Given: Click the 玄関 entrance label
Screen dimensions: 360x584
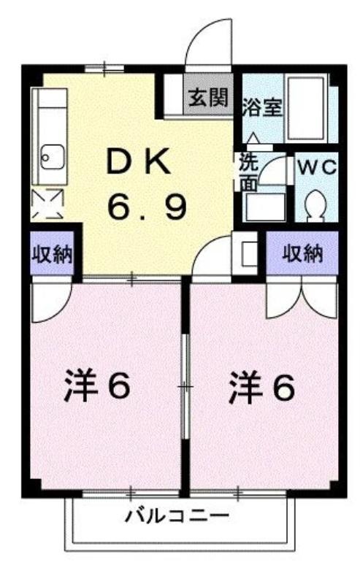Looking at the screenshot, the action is pos(208,99).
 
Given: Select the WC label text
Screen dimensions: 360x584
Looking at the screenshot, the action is pos(317,168).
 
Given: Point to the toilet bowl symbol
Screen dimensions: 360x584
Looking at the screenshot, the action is pos(315,204).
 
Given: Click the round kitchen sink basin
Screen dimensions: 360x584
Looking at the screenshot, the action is pos(53,156).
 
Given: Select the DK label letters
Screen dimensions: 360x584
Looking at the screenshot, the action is pos(139,161).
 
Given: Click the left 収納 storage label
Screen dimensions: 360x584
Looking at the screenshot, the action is pos(52,255).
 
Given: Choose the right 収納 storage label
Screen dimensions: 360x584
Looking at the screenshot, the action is pos(302,254).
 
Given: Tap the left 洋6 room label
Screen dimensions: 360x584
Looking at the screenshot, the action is pos(97,385).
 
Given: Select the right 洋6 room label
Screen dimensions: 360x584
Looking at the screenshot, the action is pos(261,387).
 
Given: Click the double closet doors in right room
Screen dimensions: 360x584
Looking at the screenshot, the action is pos(302,300).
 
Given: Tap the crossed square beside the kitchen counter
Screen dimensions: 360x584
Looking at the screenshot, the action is pos(47,204).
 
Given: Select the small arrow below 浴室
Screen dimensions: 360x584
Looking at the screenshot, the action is pos(253,137).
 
